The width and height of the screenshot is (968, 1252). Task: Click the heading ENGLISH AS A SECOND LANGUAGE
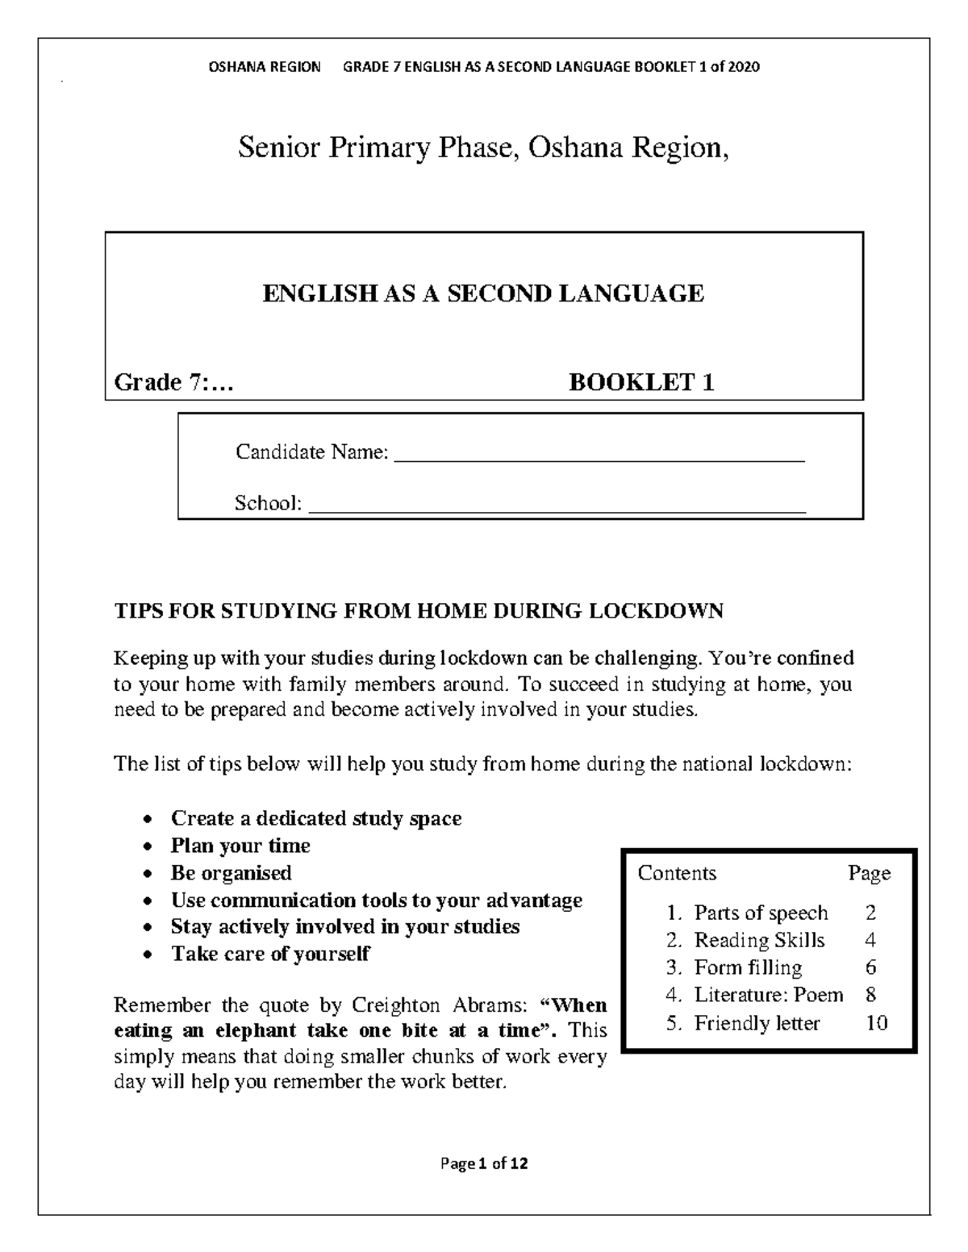coord(483,293)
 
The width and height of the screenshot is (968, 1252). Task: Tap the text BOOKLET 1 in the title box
coord(641,382)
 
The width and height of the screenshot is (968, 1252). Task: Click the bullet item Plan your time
coord(240,846)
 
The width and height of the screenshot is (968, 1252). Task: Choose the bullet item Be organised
coord(231,873)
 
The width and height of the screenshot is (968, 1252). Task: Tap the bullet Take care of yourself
coord(269,955)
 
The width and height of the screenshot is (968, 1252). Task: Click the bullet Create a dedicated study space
coord(315,818)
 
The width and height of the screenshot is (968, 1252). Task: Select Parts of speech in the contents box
coord(761,913)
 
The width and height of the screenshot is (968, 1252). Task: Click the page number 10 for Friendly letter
coord(876,1023)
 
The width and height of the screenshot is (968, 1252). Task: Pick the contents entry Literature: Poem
coord(768,995)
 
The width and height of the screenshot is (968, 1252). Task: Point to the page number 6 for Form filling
coord(870,967)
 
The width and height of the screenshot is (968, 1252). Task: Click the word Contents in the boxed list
coord(677,873)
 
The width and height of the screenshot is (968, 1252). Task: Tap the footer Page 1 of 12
coord(484,1163)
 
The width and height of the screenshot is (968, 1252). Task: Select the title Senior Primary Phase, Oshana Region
coord(483,148)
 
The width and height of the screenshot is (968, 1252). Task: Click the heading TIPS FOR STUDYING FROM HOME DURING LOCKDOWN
coord(419,611)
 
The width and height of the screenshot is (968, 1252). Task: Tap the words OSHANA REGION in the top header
coord(265,67)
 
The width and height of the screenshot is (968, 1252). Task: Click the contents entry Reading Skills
coord(759,940)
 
